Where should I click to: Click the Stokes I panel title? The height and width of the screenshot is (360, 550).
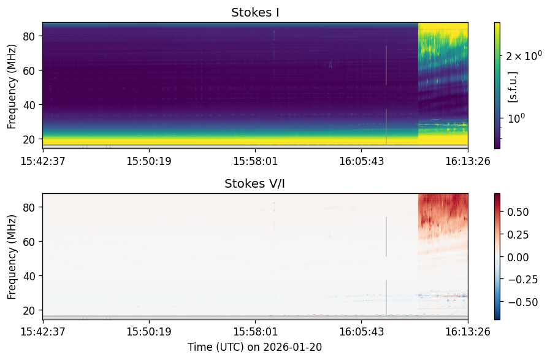pos(255,13)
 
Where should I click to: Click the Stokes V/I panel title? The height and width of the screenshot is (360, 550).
pos(254,183)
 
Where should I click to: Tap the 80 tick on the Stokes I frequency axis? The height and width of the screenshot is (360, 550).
pos(29,36)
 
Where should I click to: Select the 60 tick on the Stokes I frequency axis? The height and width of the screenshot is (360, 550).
pos(29,71)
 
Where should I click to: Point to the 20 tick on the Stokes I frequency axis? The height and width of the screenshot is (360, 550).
pos(29,139)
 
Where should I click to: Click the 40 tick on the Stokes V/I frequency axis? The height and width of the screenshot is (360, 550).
pos(29,276)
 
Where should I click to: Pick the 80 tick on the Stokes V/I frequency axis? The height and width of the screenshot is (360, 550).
pos(29,207)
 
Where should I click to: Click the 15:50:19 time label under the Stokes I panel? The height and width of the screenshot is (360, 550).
pos(149,161)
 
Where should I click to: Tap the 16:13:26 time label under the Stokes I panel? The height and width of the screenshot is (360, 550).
pos(468,161)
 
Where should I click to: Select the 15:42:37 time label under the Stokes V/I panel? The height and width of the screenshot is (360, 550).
pos(43,332)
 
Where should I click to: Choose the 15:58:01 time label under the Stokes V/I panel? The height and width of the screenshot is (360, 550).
pos(255,332)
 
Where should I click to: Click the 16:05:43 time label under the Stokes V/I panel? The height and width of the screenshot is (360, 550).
pos(362,332)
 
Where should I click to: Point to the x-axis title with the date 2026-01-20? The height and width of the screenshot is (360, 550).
pos(254,347)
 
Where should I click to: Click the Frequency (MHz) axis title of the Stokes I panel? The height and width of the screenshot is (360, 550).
pos(12,86)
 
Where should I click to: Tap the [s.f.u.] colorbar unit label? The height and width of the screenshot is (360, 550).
pos(513,87)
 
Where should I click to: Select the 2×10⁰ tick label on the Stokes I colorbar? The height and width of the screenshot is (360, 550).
pos(524,55)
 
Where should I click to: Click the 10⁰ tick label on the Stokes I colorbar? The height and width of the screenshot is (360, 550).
pos(516,118)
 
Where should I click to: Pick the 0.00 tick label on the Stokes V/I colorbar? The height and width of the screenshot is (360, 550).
pos(518,257)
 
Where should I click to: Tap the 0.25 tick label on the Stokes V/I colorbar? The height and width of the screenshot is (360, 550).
pos(518,234)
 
